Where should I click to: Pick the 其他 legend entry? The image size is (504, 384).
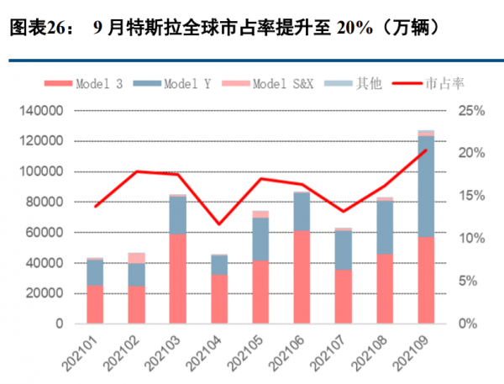360,84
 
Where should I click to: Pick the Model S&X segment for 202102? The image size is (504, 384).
136,258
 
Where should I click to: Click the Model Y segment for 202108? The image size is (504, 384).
385,227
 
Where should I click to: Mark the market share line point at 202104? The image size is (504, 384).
219,224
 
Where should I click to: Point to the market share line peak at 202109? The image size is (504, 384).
427,150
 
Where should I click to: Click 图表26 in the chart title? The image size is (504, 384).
32,29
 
